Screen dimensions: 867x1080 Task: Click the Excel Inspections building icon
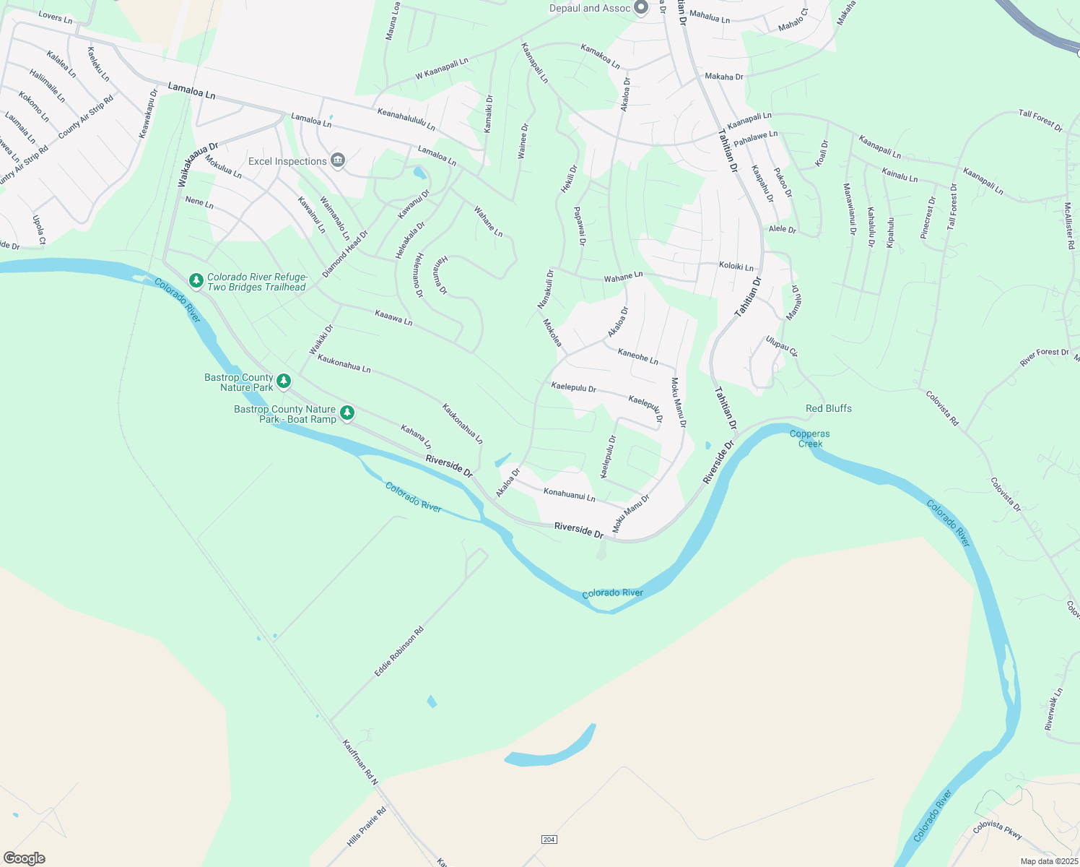pyautogui.click(x=337, y=160)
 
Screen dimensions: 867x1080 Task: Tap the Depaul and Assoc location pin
pyautogui.click(x=640, y=8)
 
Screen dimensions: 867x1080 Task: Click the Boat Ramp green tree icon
pyautogui.click(x=347, y=413)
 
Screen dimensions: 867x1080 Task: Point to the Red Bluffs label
pyautogui.click(x=828, y=408)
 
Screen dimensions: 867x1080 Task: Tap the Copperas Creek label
pyautogui.click(x=809, y=439)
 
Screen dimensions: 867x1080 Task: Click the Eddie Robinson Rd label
pyautogui.click(x=399, y=651)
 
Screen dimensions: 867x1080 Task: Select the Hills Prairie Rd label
pyautogui.click(x=367, y=827)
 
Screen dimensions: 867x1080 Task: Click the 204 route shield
pyautogui.click(x=549, y=839)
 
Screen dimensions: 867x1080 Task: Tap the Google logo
pyautogui.click(x=24, y=858)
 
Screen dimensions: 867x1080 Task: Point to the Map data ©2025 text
pyautogui.click(x=1048, y=861)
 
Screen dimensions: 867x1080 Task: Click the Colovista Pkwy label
pyautogui.click(x=998, y=829)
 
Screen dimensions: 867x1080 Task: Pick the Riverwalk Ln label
pyautogui.click(x=1053, y=709)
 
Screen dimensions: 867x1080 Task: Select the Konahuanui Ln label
pyautogui.click(x=569, y=495)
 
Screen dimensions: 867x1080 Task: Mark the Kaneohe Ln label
pyautogui.click(x=637, y=356)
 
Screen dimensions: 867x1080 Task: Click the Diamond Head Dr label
pyautogui.click(x=345, y=254)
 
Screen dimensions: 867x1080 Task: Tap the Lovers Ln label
pyautogui.click(x=56, y=17)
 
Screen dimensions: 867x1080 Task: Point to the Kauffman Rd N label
pyautogui.click(x=360, y=762)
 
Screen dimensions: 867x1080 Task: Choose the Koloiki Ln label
pyautogui.click(x=736, y=267)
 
